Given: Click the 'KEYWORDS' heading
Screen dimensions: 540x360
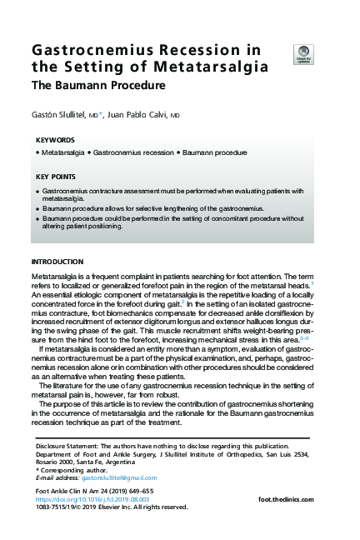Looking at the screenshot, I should [56, 140].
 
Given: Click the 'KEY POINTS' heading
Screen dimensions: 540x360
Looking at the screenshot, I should [56, 177].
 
